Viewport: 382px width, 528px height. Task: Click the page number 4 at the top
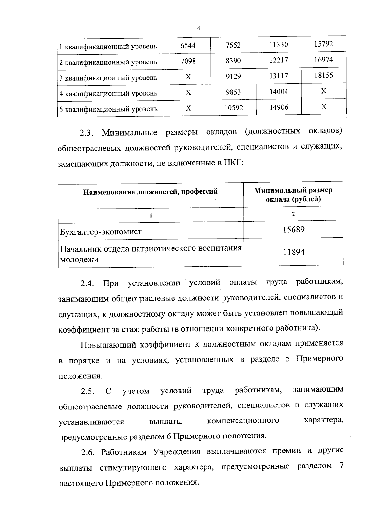click(199, 28)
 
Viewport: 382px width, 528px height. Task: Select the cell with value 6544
click(188, 45)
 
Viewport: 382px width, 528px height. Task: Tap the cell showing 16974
click(323, 60)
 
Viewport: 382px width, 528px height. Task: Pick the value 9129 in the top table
click(233, 77)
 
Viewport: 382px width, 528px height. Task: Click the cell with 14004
click(279, 92)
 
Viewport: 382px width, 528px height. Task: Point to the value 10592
click(234, 108)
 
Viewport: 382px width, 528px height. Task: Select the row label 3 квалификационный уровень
click(109, 78)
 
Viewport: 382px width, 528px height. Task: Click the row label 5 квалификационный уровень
click(109, 109)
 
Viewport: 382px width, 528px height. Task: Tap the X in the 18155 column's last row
click(323, 106)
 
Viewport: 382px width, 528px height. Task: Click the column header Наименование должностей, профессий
click(151, 192)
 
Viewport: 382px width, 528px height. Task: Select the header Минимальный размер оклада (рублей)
click(293, 195)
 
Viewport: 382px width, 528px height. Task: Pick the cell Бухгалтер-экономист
click(101, 232)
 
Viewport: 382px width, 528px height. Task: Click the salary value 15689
click(294, 230)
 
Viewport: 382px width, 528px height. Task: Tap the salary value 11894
click(294, 252)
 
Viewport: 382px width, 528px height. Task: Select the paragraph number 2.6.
click(88, 452)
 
